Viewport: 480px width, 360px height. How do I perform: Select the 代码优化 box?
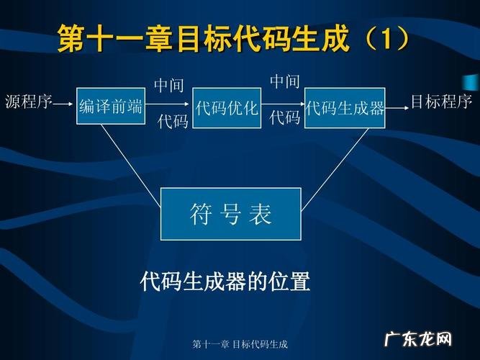click(x=226, y=108)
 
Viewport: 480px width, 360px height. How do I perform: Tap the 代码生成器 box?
click(x=345, y=108)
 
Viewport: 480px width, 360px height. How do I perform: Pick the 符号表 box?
click(x=230, y=213)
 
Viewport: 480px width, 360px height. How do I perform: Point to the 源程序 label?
click(x=29, y=102)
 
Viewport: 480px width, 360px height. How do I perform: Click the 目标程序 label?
click(x=441, y=102)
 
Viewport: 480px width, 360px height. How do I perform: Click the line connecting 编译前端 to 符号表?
click(x=130, y=157)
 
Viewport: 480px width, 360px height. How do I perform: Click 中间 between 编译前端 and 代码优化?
click(x=169, y=86)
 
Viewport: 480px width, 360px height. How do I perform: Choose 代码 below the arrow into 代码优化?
click(x=173, y=121)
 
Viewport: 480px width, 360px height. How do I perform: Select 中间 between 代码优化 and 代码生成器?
click(x=284, y=81)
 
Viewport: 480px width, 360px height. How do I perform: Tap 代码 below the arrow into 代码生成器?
click(x=284, y=117)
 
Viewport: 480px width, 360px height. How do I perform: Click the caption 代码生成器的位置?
click(x=225, y=282)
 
